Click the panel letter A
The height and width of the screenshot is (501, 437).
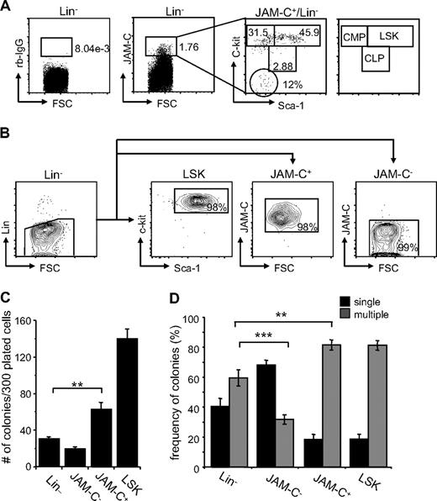[8, 7]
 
